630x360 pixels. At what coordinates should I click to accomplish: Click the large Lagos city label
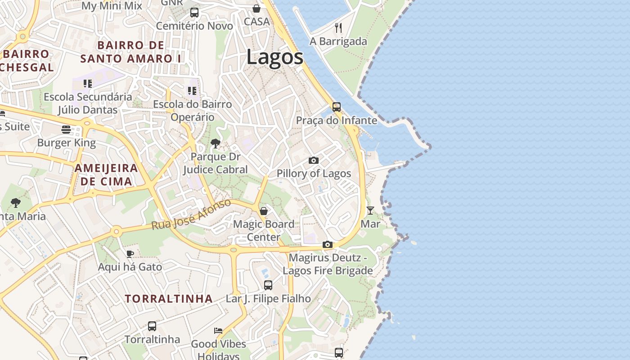coord(275,58)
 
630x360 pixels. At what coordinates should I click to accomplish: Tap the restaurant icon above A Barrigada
coord(338,28)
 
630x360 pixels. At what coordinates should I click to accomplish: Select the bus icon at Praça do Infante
coord(337,107)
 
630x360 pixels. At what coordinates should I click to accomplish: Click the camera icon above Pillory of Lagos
coord(314,160)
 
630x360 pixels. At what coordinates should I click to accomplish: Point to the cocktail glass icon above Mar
coord(370,210)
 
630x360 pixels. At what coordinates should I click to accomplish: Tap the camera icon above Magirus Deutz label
coord(328,245)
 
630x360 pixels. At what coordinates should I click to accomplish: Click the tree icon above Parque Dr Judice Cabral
coord(216,144)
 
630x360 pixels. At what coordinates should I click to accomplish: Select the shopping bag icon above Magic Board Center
coord(264,211)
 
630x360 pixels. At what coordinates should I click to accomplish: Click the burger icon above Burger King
coord(66,130)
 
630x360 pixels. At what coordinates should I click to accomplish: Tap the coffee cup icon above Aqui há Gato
coord(130,254)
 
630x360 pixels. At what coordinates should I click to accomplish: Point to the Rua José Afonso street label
coord(191,215)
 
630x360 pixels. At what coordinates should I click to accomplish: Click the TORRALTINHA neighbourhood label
coord(169,299)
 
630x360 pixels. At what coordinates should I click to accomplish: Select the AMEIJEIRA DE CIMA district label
coord(106,175)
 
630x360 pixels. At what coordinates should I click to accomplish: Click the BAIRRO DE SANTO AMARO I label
coord(131,52)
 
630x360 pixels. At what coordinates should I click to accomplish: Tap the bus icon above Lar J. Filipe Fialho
coord(268,285)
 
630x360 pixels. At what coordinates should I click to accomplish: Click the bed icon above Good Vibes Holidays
coord(218,331)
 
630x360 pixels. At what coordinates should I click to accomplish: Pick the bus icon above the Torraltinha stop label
coord(152,326)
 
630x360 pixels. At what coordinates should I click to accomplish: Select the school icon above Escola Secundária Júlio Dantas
coord(88,84)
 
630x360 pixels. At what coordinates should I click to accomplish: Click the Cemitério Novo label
coord(194,26)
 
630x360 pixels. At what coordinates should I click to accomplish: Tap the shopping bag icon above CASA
coord(256,9)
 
